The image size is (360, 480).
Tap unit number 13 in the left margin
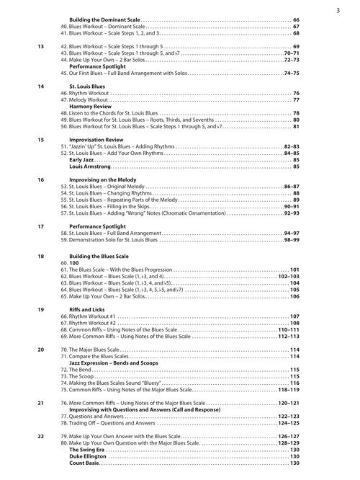click(41, 47)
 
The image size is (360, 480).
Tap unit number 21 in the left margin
click(41, 403)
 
